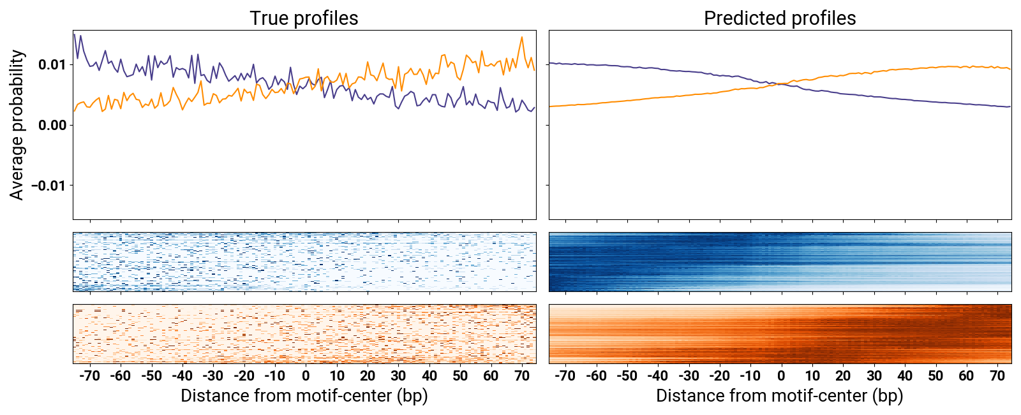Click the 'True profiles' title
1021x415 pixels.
pos(304,18)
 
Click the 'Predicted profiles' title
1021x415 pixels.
pos(780,18)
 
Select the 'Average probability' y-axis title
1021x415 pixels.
pos(17,125)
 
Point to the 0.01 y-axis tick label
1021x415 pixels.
pos(52,64)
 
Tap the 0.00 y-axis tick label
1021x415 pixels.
pos(52,125)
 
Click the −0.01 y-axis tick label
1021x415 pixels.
pos(48,186)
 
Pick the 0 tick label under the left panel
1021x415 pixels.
pos(306,375)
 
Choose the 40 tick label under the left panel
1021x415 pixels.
pos(429,375)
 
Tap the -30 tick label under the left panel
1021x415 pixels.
pos(213,375)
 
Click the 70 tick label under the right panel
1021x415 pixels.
pos(997,375)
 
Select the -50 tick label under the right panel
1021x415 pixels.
pos(627,375)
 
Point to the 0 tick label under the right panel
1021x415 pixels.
pos(781,375)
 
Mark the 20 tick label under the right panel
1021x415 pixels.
pos(843,375)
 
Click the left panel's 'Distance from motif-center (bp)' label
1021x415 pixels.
pos(304,396)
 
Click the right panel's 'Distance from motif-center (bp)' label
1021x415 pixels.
pos(780,396)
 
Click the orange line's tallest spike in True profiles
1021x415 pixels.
pos(522,38)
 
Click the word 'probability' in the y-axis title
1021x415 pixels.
pos(17,99)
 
